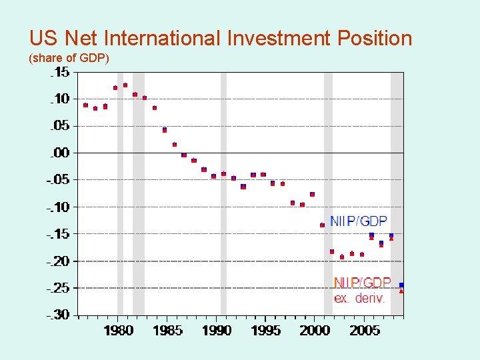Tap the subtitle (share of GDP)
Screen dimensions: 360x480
click(x=69, y=59)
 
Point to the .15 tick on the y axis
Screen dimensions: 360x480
click(x=59, y=73)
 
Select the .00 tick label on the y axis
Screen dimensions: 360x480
click(x=59, y=153)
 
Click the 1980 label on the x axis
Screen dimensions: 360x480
click(x=117, y=331)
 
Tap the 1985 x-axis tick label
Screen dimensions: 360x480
click(x=167, y=331)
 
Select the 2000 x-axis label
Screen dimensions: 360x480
click(x=315, y=331)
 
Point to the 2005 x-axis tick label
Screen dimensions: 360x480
click(x=364, y=331)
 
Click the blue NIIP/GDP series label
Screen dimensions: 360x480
click(x=358, y=221)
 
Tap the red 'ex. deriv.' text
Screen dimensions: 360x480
click(x=359, y=299)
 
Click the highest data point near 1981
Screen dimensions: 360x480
click(x=125, y=85)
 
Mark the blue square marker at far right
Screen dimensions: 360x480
click(x=401, y=285)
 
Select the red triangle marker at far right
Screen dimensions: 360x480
click(x=401, y=291)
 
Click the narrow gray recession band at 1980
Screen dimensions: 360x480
click(x=120, y=200)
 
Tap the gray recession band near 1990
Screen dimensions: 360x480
click(x=223, y=200)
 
